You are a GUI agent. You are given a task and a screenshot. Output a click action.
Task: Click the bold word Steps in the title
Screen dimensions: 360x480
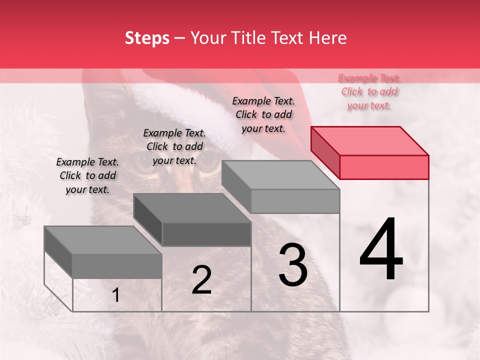tap(147, 38)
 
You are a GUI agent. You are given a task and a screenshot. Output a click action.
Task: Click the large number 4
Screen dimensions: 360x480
tap(381, 249)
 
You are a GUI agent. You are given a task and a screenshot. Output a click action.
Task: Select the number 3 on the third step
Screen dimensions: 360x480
tap(293, 265)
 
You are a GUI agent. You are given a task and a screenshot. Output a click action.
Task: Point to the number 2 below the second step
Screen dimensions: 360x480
tap(201, 280)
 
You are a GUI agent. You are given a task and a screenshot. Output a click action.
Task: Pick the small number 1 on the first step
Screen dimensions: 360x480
tap(115, 295)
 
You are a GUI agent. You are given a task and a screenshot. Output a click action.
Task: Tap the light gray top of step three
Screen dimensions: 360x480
tap(280, 175)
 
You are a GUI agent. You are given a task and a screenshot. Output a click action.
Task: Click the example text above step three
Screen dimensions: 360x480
tap(263, 114)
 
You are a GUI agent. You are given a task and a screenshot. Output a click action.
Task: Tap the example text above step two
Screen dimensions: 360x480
tap(174, 146)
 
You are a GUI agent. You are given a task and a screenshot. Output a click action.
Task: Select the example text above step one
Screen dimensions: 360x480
tap(87, 175)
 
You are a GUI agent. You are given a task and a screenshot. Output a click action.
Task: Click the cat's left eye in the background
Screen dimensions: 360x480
tap(144, 164)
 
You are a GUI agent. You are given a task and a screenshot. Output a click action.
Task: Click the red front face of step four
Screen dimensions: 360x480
tap(384, 167)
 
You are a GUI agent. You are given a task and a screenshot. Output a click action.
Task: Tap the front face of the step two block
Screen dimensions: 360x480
tap(206, 234)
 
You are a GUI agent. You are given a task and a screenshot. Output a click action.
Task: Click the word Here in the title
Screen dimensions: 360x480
tap(328, 38)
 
